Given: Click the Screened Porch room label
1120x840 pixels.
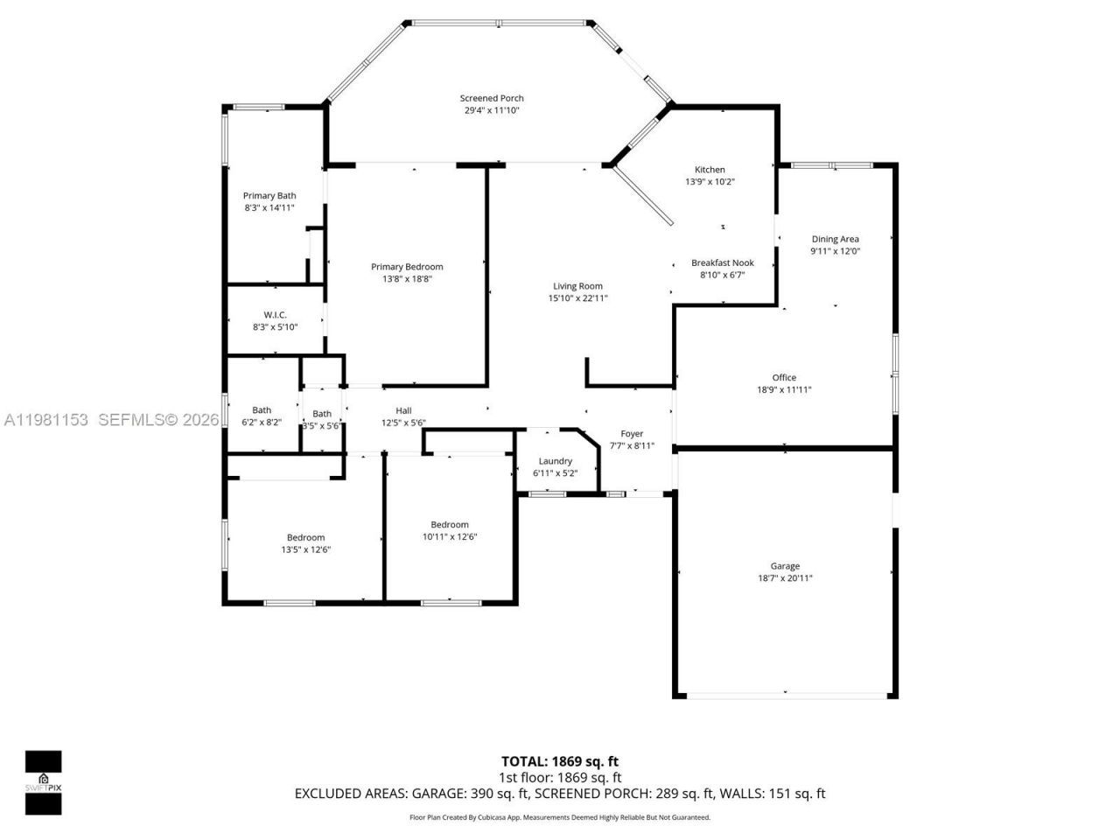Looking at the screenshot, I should tap(492, 98).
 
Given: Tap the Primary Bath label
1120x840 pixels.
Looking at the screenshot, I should tap(269, 196).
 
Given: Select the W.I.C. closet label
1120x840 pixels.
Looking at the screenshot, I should tap(275, 315).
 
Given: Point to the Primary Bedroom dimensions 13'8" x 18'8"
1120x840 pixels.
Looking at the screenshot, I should tap(407, 279).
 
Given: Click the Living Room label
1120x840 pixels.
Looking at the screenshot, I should tap(577, 286).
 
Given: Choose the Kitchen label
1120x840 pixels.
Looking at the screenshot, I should tap(710, 170).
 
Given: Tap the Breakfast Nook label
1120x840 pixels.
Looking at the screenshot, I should tap(722, 262).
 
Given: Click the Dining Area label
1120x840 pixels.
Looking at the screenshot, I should tap(835, 239).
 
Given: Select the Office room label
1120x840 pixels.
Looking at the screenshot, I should tap(784, 378).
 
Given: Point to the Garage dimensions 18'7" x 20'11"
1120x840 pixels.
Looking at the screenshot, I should tap(785, 578).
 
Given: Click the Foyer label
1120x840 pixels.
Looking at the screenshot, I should tap(632, 434).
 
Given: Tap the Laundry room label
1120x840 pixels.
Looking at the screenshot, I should tap(555, 461).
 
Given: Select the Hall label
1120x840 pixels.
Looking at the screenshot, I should tap(403, 410).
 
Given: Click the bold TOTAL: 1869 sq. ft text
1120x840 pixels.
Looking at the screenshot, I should tap(559, 761).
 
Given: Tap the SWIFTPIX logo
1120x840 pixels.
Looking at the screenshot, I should tap(43, 782).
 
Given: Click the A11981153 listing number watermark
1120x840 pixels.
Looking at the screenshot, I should tap(46, 420).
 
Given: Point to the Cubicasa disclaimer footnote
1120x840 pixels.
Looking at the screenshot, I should tap(560, 817).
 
